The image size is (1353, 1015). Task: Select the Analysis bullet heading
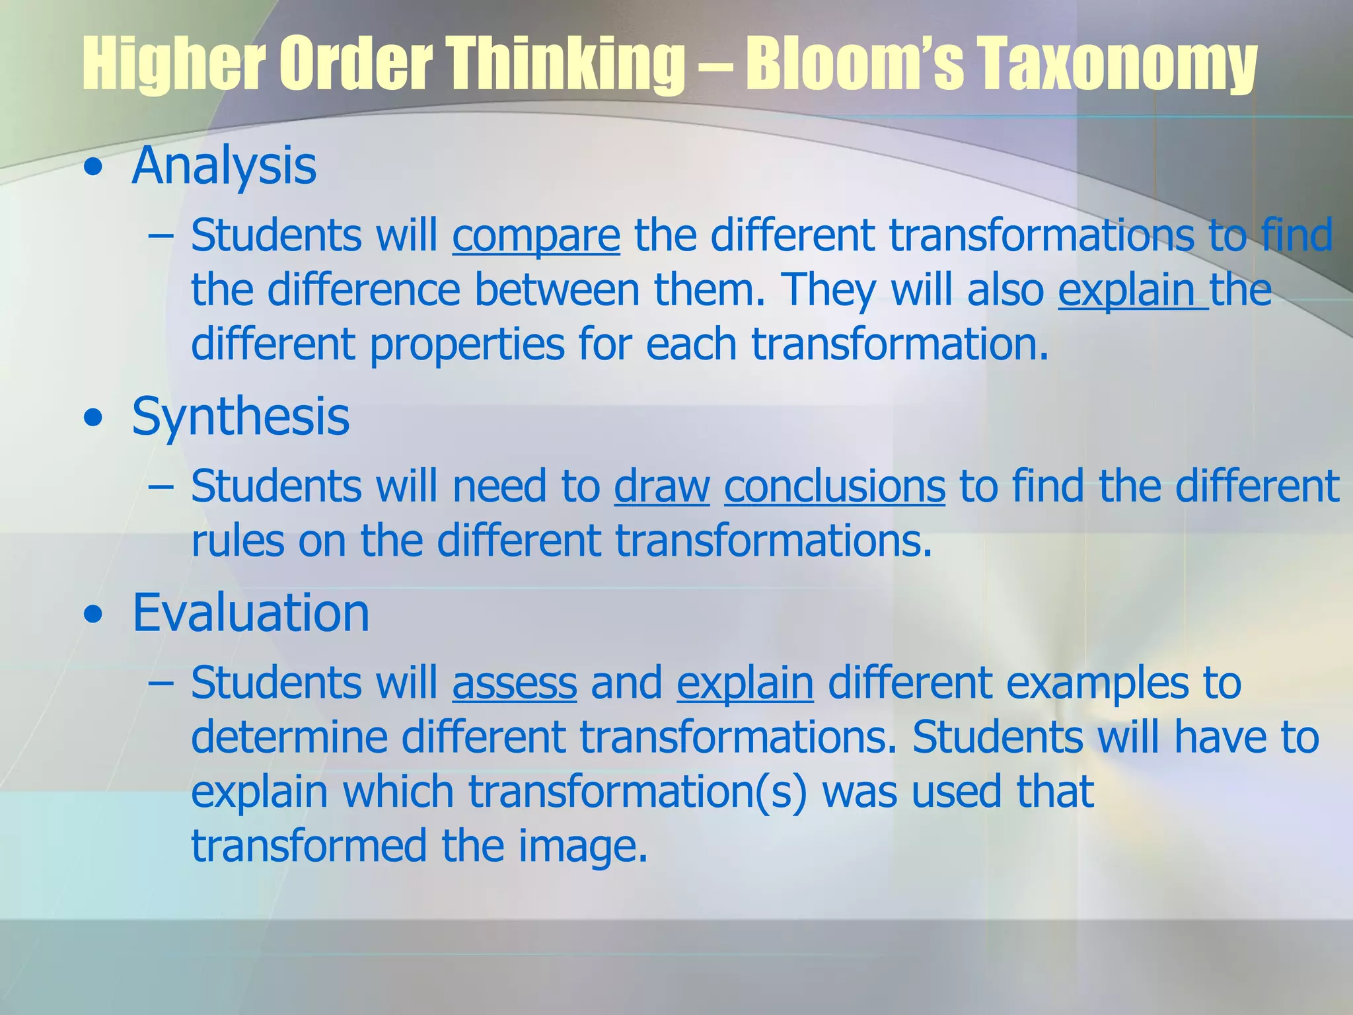point(224,165)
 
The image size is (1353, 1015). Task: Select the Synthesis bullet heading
point(240,416)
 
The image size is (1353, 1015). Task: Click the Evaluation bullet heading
point(250,613)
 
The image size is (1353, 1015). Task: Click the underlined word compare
point(536,235)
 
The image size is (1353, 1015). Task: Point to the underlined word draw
point(661,486)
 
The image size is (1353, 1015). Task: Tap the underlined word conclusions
point(834,486)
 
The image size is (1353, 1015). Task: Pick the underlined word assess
point(515,683)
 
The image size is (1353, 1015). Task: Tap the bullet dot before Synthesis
point(93,419)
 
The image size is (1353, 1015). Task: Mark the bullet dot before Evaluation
point(93,615)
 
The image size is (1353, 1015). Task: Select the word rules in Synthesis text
point(237,541)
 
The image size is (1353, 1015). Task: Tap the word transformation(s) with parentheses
point(638,792)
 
